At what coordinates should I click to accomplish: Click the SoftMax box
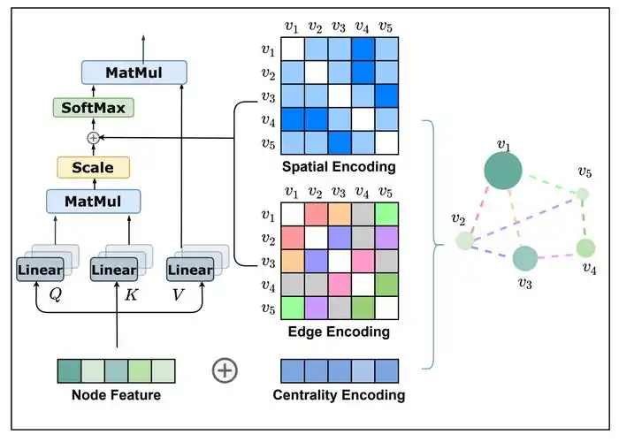click(x=92, y=108)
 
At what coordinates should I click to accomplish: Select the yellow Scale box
click(x=93, y=166)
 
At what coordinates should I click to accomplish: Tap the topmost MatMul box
click(x=134, y=72)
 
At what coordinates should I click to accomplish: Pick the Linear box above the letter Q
click(x=40, y=270)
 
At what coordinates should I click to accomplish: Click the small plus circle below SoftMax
click(x=92, y=137)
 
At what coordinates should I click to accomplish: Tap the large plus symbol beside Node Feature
click(x=225, y=370)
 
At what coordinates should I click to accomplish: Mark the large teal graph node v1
click(x=502, y=171)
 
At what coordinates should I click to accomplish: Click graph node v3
click(x=525, y=258)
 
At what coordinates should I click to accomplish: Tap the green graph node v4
click(x=585, y=248)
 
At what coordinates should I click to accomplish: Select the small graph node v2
click(x=464, y=240)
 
